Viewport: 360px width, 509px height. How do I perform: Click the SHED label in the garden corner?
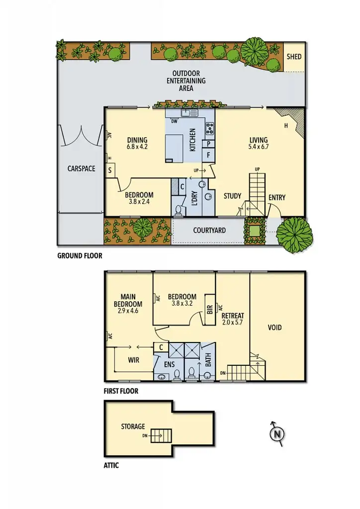[294, 57]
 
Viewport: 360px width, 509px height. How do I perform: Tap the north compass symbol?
[277, 433]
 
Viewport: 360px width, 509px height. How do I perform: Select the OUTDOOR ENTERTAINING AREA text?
[186, 81]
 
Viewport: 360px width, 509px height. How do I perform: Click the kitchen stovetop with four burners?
[210, 128]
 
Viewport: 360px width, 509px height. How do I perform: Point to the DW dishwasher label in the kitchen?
[174, 121]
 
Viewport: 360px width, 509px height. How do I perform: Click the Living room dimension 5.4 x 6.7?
[258, 147]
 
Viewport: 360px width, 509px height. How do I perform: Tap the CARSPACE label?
[81, 169]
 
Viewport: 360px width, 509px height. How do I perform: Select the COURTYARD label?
[209, 230]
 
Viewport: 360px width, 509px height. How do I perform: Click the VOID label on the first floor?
[274, 327]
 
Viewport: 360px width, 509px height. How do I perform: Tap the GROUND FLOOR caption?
[80, 256]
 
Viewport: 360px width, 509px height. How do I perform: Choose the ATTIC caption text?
[111, 466]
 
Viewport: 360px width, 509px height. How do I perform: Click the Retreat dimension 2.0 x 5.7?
[233, 323]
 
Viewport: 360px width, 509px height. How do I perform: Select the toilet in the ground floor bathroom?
[179, 210]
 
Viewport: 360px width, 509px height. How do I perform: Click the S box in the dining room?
[110, 170]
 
